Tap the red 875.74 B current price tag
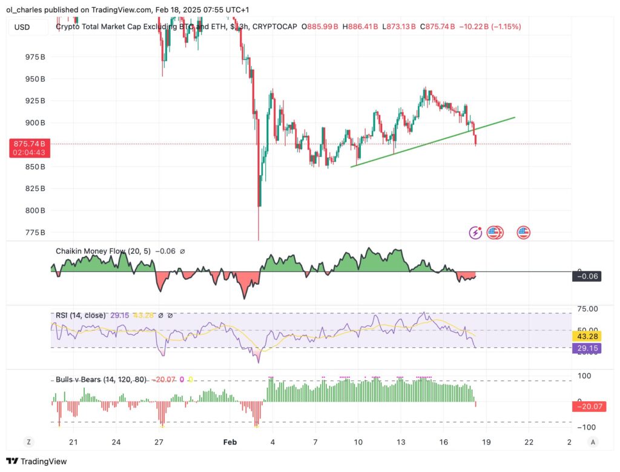coord(30,144)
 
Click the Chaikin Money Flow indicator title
coord(103,251)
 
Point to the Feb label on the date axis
coord(229,442)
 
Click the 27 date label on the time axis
coord(159,442)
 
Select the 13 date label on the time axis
coord(401,442)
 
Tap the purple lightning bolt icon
coord(476,233)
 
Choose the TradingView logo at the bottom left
coord(37,462)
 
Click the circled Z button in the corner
coord(28,442)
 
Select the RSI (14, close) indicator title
coord(80,316)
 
